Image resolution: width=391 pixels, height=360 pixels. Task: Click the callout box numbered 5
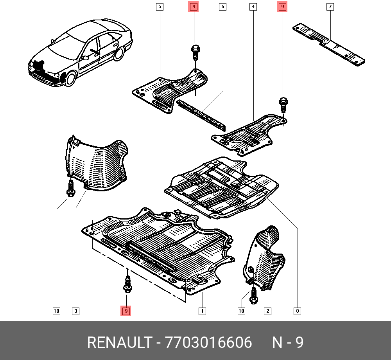(x=160, y=7)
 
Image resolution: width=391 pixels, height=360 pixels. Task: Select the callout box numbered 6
(x=223, y=7)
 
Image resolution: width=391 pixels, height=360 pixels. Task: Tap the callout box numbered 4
(x=253, y=7)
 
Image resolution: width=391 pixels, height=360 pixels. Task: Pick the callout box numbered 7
(x=330, y=7)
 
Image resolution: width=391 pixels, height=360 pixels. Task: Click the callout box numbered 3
(x=76, y=311)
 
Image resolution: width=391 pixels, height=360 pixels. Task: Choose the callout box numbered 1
(x=202, y=311)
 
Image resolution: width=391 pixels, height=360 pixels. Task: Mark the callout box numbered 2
(x=267, y=311)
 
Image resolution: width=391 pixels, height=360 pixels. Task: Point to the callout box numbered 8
(x=297, y=311)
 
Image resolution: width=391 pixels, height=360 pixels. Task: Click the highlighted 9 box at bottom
(x=126, y=311)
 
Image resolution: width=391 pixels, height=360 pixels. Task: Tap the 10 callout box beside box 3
(x=57, y=311)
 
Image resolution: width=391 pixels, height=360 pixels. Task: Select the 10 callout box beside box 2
(x=241, y=311)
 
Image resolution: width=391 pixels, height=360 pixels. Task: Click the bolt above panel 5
(x=195, y=52)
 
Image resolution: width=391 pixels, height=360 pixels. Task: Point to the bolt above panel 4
(x=283, y=105)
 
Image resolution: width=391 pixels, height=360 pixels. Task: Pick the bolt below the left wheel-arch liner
(x=71, y=189)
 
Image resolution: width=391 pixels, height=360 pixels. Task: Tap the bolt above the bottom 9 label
(x=128, y=284)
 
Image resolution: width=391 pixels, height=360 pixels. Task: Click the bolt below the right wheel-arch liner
(x=254, y=296)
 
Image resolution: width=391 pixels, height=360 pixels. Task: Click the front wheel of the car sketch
(x=70, y=78)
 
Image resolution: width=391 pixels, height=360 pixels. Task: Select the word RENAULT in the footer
(x=119, y=342)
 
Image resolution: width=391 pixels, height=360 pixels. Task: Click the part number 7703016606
(x=208, y=342)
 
